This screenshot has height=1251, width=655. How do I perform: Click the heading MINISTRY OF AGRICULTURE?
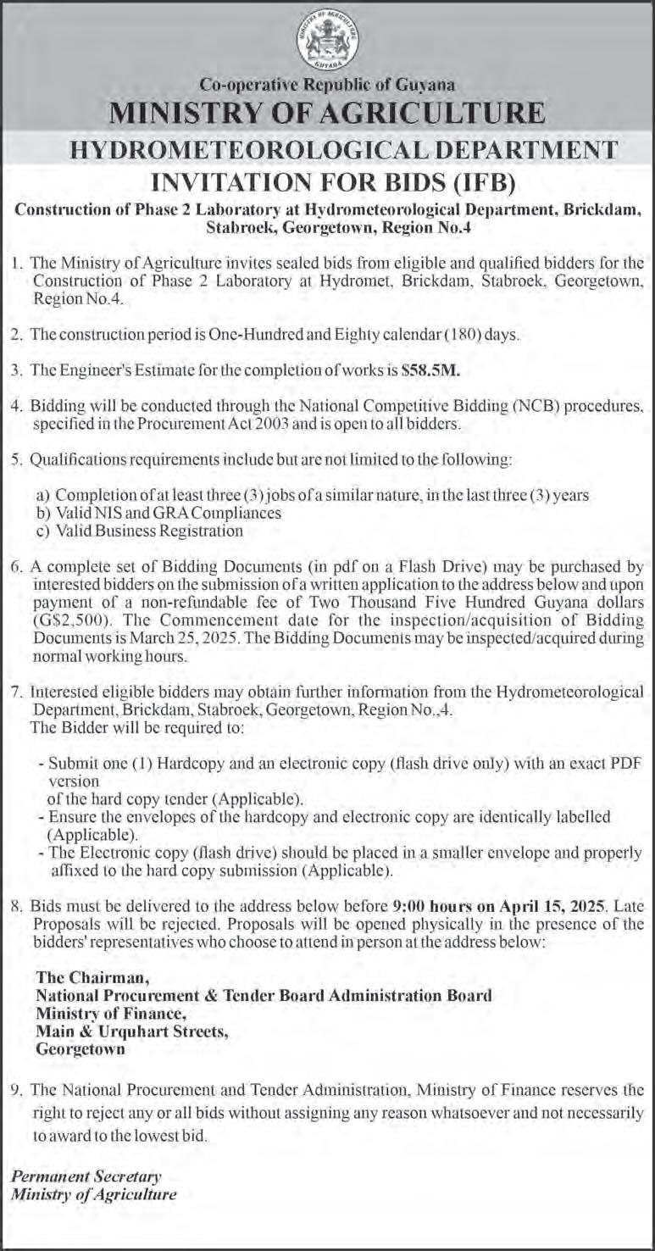click(x=327, y=114)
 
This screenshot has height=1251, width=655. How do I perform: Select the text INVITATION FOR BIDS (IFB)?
click(x=327, y=181)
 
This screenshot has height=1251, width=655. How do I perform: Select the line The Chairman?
click(x=83, y=977)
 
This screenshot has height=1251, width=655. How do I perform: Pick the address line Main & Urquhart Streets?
click(x=131, y=1031)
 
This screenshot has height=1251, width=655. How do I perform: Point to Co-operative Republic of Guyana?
click(x=327, y=85)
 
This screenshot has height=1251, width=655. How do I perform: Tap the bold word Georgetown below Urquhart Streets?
click(x=80, y=1048)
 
